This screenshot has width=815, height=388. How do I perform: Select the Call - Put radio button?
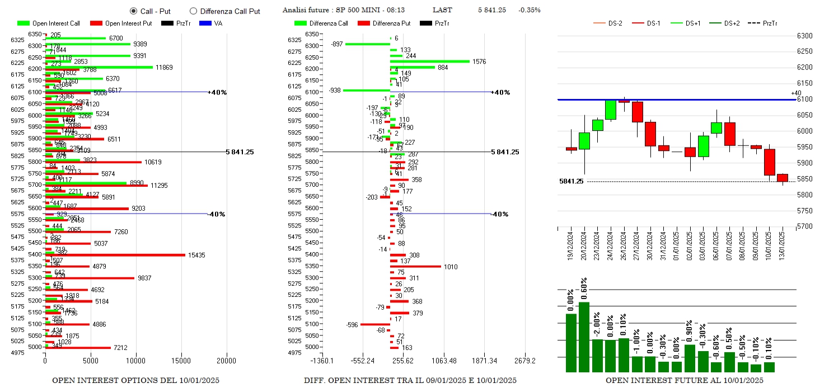[x=133, y=11]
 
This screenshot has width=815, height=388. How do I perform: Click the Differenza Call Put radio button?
[x=194, y=11]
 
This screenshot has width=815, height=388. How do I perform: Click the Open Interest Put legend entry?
[x=119, y=23]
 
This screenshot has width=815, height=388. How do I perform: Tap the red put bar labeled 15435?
[x=115, y=255]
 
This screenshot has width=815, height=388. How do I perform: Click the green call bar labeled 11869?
[x=99, y=67]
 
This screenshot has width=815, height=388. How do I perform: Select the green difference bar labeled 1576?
[x=430, y=61]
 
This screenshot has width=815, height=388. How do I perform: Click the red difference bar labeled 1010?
[x=415, y=266]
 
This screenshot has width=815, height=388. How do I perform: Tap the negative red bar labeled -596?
[x=375, y=324]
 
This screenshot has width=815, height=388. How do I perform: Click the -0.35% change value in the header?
[x=529, y=10]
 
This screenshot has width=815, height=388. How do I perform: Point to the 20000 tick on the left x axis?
[x=227, y=361]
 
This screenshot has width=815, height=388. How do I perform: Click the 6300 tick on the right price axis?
[x=804, y=36]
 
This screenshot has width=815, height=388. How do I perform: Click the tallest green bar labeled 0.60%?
[x=584, y=337]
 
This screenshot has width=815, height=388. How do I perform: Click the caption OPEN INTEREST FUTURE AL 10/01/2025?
[x=684, y=380]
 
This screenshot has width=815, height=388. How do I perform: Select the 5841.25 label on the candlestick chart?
[x=571, y=181]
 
